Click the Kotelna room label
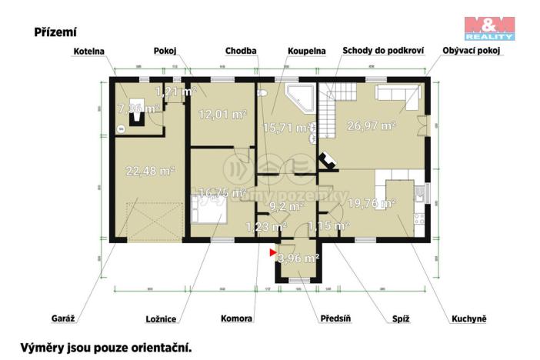[89, 52]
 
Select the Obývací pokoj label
[472, 52]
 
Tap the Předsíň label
[336, 318]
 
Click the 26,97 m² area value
[371, 125]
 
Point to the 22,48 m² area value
[150, 171]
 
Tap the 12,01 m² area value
[222, 115]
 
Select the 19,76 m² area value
[371, 204]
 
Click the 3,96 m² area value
[298, 258]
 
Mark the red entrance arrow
[272, 251]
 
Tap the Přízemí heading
[55, 32]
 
